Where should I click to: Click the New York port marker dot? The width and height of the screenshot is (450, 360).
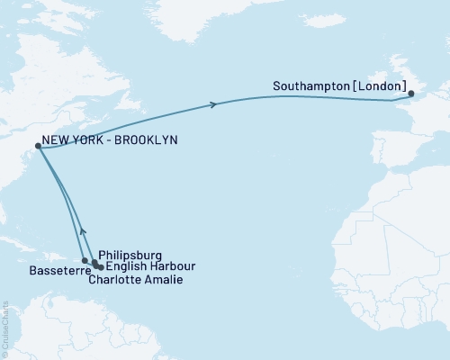(x=38, y=146)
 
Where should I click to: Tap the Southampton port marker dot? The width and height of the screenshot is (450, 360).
(x=410, y=94)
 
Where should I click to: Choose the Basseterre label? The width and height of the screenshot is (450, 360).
(x=55, y=269)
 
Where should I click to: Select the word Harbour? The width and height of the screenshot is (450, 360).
(x=170, y=267)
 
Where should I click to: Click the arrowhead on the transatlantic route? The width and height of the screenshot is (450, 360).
(x=213, y=105)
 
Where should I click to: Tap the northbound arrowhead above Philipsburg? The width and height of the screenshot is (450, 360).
(x=83, y=230)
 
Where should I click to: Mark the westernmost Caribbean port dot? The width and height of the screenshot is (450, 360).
(x=85, y=261)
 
